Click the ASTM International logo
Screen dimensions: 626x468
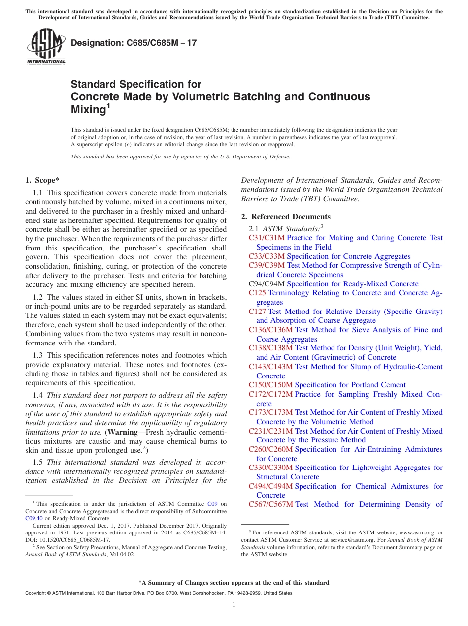click(x=46, y=47)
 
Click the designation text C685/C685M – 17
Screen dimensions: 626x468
click(x=134, y=43)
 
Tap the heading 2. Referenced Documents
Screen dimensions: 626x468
click(x=286, y=217)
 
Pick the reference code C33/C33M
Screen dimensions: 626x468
click(x=267, y=256)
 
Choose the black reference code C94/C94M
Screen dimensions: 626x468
click(x=267, y=284)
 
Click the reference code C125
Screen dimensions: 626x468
click(x=257, y=293)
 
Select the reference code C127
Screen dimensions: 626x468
click(x=257, y=312)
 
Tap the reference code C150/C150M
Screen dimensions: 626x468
click(x=270, y=385)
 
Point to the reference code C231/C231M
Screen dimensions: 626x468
click(x=270, y=431)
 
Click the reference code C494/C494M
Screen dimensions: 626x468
click(x=270, y=486)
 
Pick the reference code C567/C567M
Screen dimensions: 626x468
click(x=270, y=504)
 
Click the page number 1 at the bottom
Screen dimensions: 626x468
click(x=234, y=605)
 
